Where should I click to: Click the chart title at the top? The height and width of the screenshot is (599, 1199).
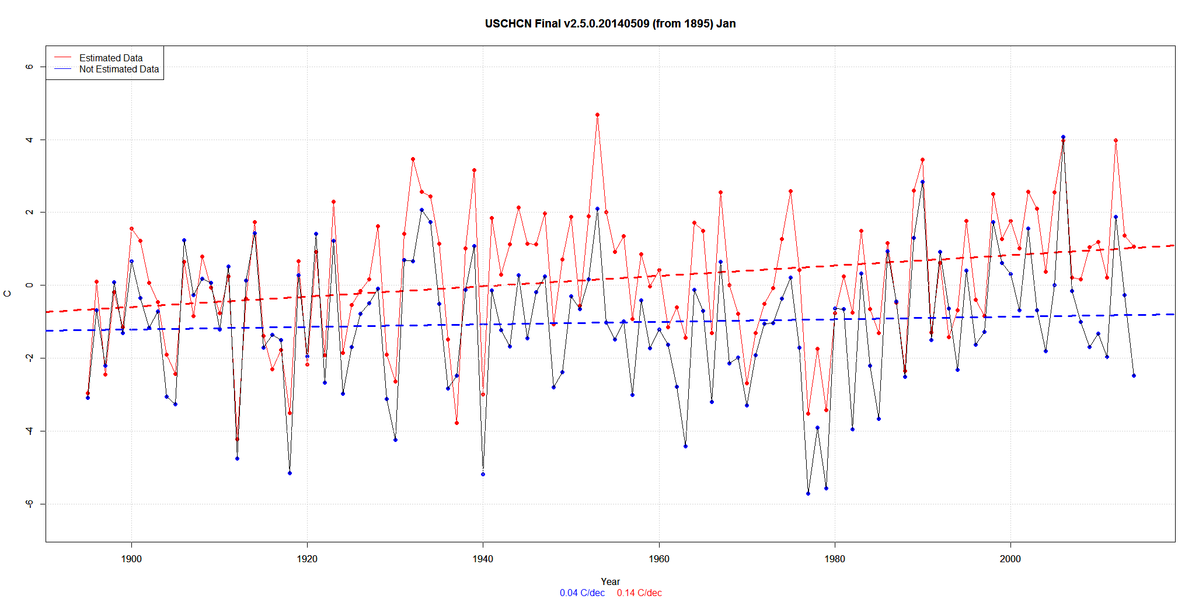click(610, 24)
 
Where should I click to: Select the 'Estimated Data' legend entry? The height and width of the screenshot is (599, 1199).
click(111, 58)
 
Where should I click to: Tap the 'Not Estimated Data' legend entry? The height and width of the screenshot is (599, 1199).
click(118, 69)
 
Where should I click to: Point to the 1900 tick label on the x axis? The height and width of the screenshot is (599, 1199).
click(131, 559)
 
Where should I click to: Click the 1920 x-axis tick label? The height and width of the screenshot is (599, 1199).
click(307, 559)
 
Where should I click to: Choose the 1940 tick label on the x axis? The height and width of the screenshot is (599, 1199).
click(483, 559)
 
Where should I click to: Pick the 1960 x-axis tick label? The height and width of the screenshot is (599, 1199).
click(659, 559)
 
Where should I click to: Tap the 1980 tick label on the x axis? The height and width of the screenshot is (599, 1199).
click(835, 559)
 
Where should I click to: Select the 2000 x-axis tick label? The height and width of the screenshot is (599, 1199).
click(1010, 559)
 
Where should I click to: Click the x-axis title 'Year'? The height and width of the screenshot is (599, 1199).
click(610, 581)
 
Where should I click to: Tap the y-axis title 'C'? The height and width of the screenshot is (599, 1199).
click(8, 294)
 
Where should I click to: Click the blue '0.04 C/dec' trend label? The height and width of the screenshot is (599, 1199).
click(582, 593)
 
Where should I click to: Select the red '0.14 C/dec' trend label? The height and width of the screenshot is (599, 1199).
click(639, 593)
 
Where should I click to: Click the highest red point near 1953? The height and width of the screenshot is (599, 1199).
click(597, 115)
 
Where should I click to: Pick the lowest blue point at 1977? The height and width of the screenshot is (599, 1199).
click(808, 493)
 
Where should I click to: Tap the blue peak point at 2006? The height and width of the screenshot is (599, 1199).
click(1063, 137)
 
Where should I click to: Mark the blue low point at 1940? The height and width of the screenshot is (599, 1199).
click(483, 474)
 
